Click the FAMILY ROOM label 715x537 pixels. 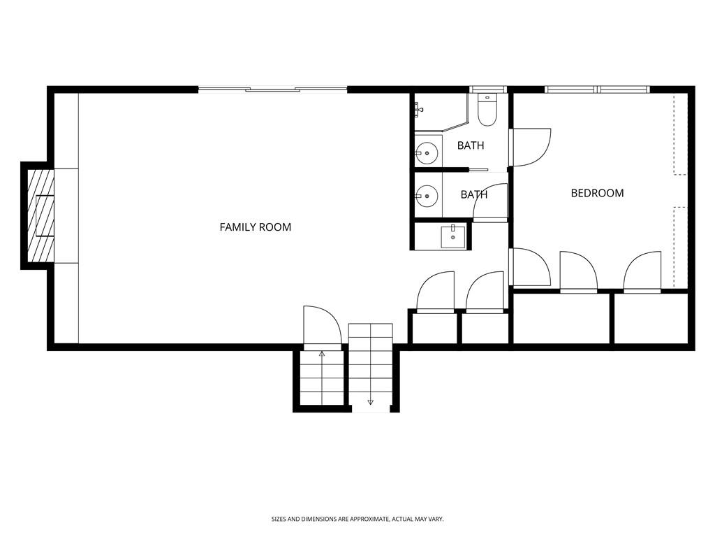(x=256, y=227)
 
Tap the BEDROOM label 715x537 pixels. (x=598, y=193)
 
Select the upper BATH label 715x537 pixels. (x=471, y=145)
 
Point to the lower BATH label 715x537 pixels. (x=474, y=194)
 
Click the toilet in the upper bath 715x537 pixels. (x=487, y=109)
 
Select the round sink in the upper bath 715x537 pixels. (x=427, y=153)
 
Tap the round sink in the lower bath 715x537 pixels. (x=427, y=196)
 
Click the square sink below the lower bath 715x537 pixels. (x=452, y=236)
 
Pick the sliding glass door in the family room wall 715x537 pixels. (x=273, y=89)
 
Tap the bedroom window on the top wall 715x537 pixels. (x=597, y=89)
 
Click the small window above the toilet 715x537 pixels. (x=488, y=89)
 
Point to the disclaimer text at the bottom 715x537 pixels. (x=357, y=520)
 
